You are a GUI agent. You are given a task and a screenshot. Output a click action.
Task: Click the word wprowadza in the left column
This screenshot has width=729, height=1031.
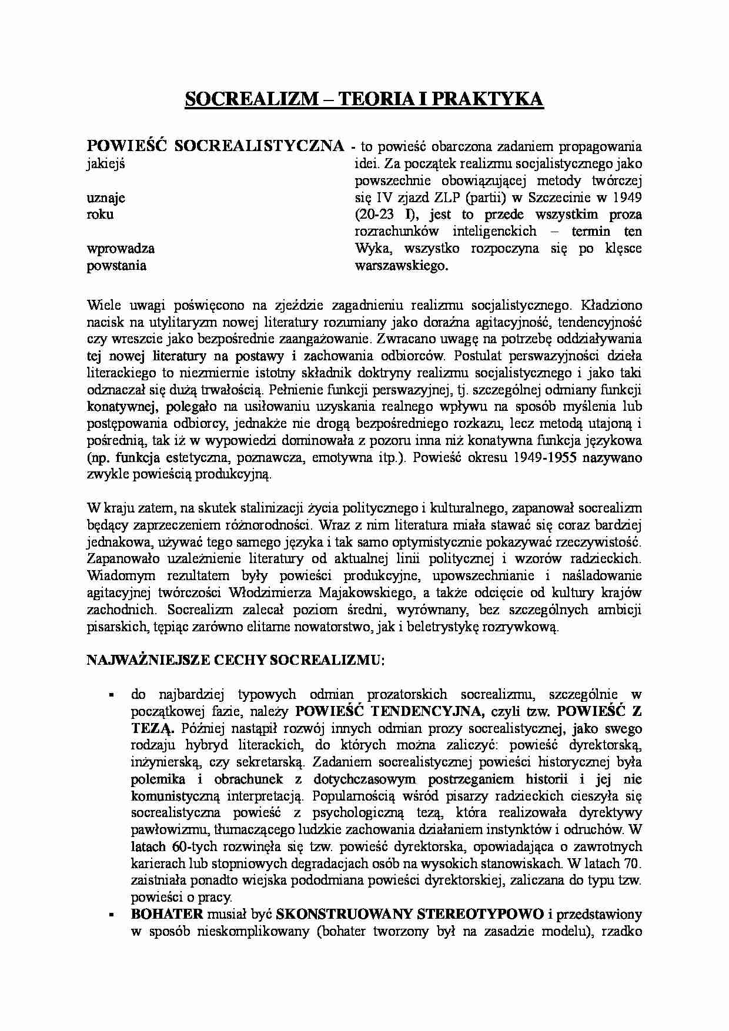click(121, 248)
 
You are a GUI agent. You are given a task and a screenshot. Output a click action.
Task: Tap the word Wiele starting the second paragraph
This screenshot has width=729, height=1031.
click(103, 305)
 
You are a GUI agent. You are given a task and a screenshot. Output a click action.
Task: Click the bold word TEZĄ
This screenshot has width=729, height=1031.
click(153, 728)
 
